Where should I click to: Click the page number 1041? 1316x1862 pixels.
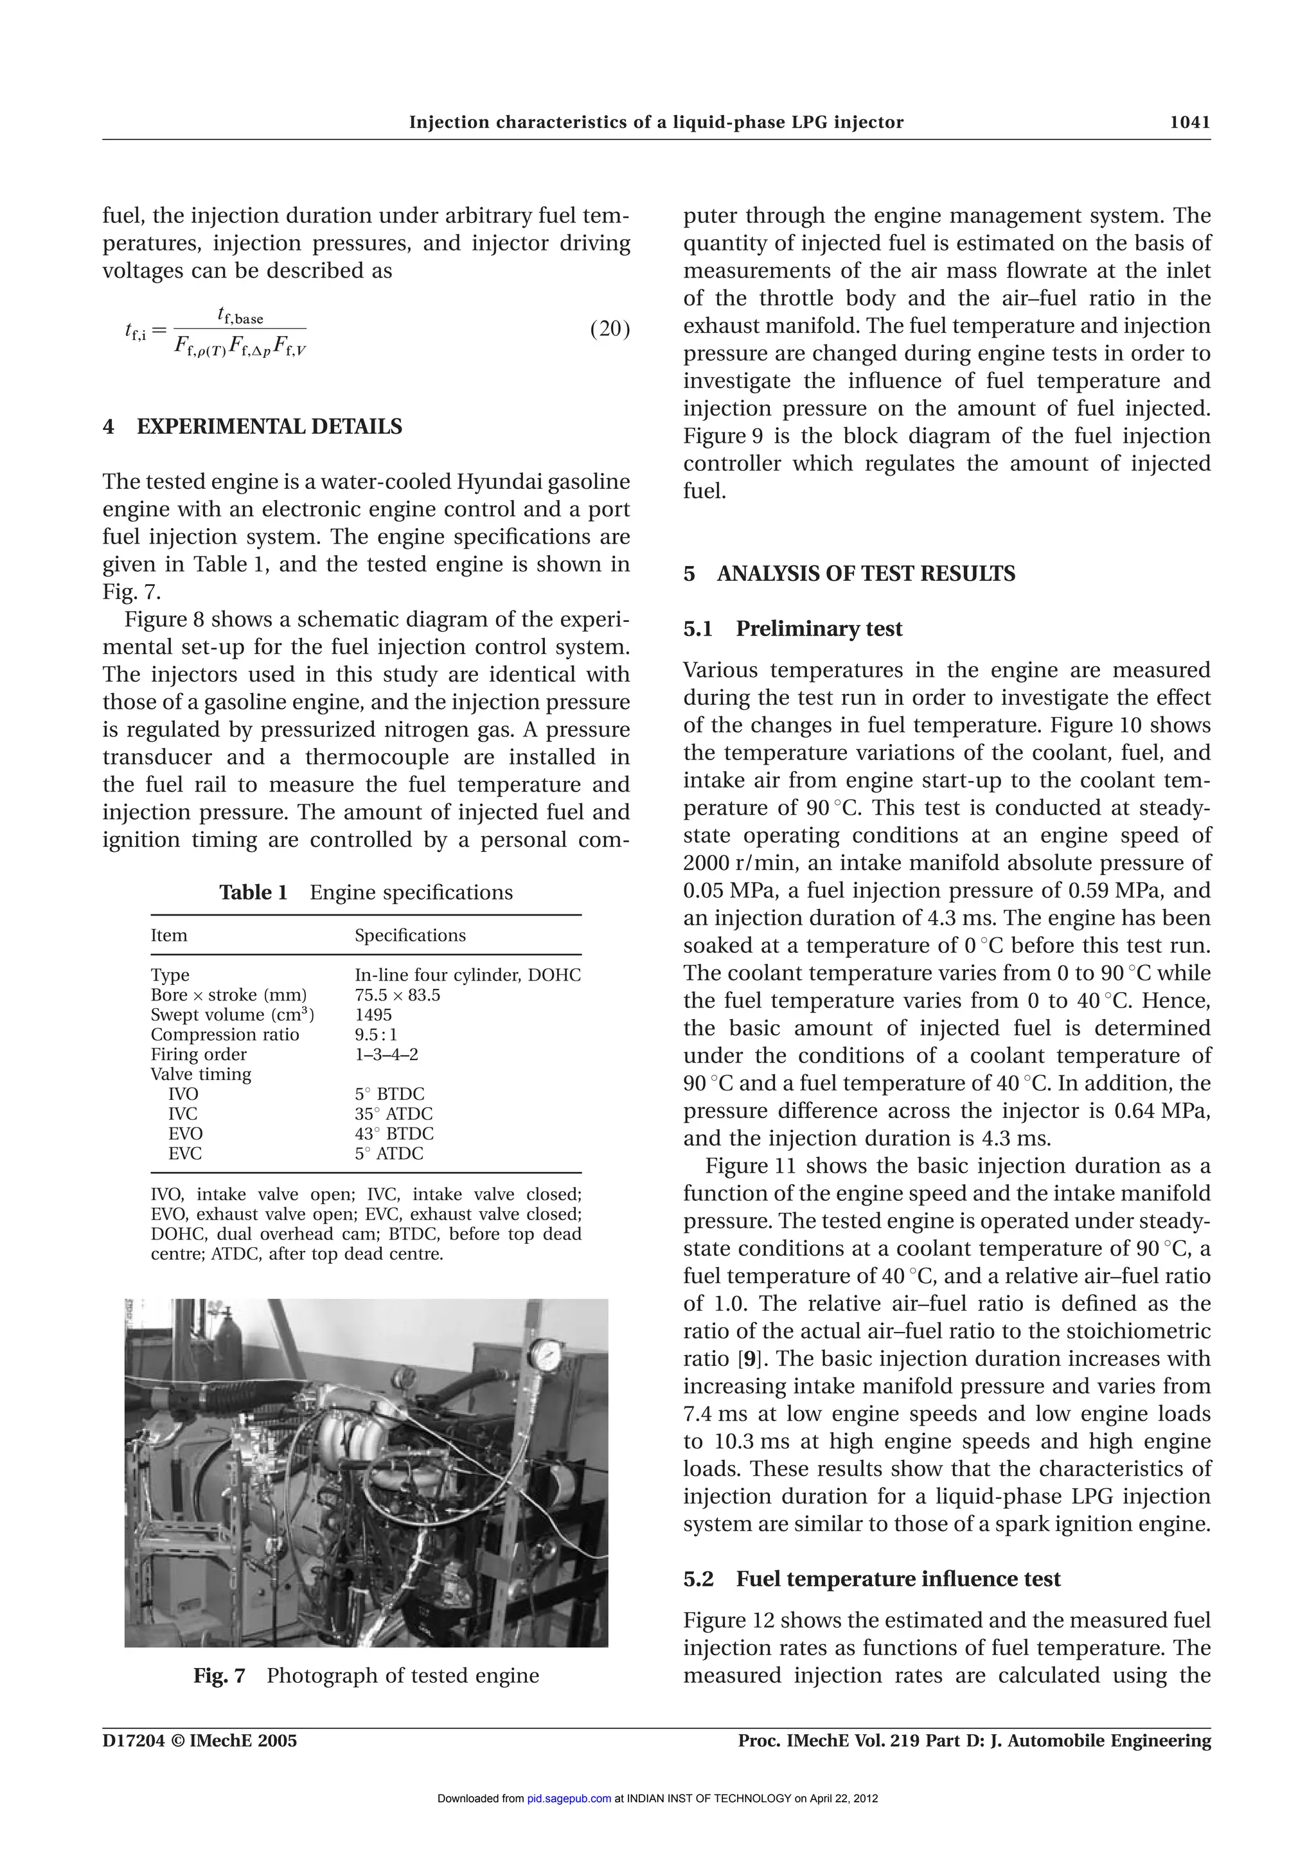(x=1189, y=123)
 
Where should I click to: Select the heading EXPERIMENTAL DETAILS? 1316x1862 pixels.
(x=269, y=427)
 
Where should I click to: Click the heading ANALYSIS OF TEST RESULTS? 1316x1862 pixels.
(x=866, y=574)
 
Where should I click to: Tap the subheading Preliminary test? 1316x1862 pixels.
(x=819, y=629)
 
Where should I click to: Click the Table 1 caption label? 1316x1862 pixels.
(x=253, y=893)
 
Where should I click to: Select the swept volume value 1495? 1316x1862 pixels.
(x=373, y=1015)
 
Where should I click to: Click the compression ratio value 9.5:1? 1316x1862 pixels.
(x=377, y=1035)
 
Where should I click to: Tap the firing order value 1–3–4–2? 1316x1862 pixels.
(x=386, y=1054)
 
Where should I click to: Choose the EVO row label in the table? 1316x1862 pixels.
(x=185, y=1134)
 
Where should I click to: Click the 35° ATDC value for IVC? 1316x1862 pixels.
(x=393, y=1114)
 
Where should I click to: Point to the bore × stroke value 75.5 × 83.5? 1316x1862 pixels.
(x=397, y=995)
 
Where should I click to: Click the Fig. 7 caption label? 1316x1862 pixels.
(x=219, y=1676)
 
